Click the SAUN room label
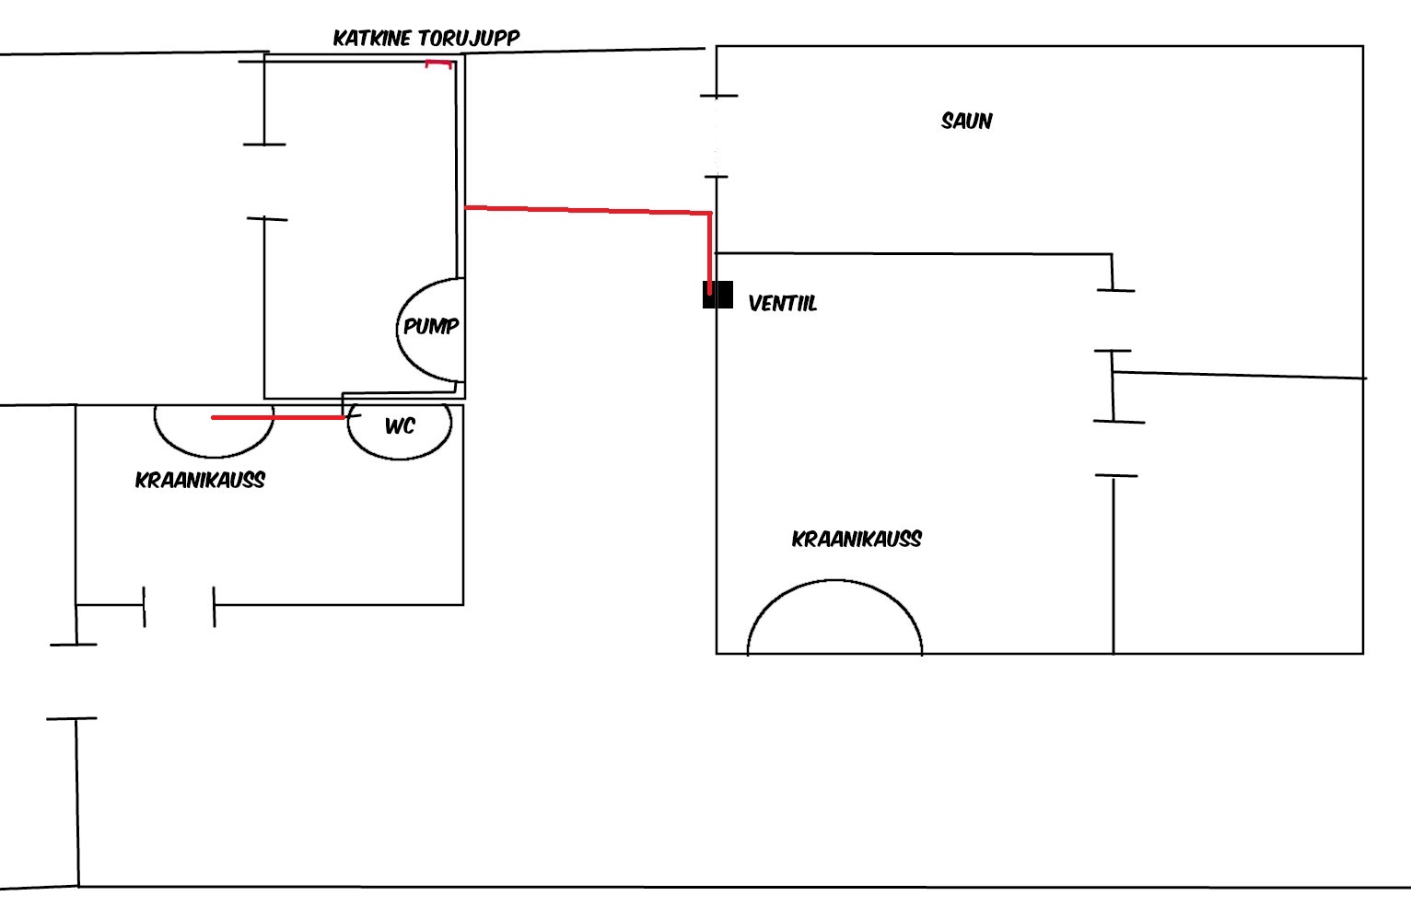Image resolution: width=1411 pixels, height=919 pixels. pos(966,121)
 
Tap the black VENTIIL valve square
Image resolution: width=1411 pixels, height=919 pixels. pos(717,295)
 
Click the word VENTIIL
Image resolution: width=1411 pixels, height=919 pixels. pos(782,303)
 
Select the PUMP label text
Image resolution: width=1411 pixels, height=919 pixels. pos(431,326)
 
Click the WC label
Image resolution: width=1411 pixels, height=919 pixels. pos(400,425)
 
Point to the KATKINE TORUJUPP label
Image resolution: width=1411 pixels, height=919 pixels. pos(426,38)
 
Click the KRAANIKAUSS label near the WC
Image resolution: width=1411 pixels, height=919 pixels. pos(200,480)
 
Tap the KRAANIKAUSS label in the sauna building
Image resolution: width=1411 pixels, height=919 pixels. pos(856,539)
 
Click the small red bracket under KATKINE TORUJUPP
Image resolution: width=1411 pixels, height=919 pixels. pos(439,64)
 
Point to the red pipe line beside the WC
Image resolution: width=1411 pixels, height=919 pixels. pos(277,417)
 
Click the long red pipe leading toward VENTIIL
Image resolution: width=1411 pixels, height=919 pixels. pos(589,210)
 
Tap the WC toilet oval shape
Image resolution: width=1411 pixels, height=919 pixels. pos(400,442)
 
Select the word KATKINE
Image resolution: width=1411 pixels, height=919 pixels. pos(373,38)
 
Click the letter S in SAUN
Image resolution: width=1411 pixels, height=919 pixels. pos(947,121)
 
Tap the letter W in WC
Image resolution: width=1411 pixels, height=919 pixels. pos(392,425)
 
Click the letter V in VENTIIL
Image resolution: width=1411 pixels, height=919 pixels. pos(754,303)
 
